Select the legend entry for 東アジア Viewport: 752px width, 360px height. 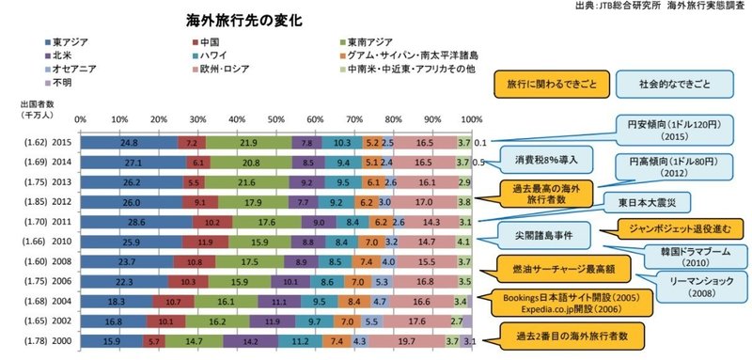coord(70,42)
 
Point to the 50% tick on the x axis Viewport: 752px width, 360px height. coord(275,119)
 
